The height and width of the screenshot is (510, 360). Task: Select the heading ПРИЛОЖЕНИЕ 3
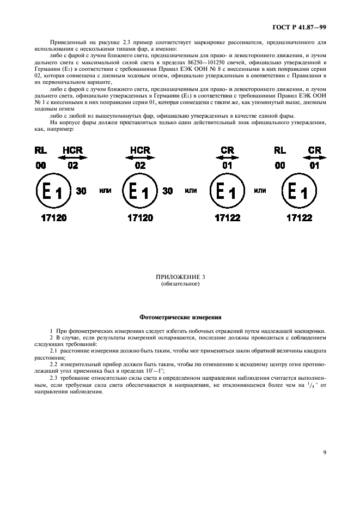180,277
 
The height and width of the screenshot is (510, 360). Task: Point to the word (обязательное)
180,283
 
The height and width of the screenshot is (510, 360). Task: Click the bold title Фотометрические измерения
180,316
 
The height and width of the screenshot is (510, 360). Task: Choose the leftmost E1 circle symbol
52,192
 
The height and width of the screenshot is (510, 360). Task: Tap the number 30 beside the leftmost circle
81,191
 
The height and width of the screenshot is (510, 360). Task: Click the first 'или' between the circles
105,191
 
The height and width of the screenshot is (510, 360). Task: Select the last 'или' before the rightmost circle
260,191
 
